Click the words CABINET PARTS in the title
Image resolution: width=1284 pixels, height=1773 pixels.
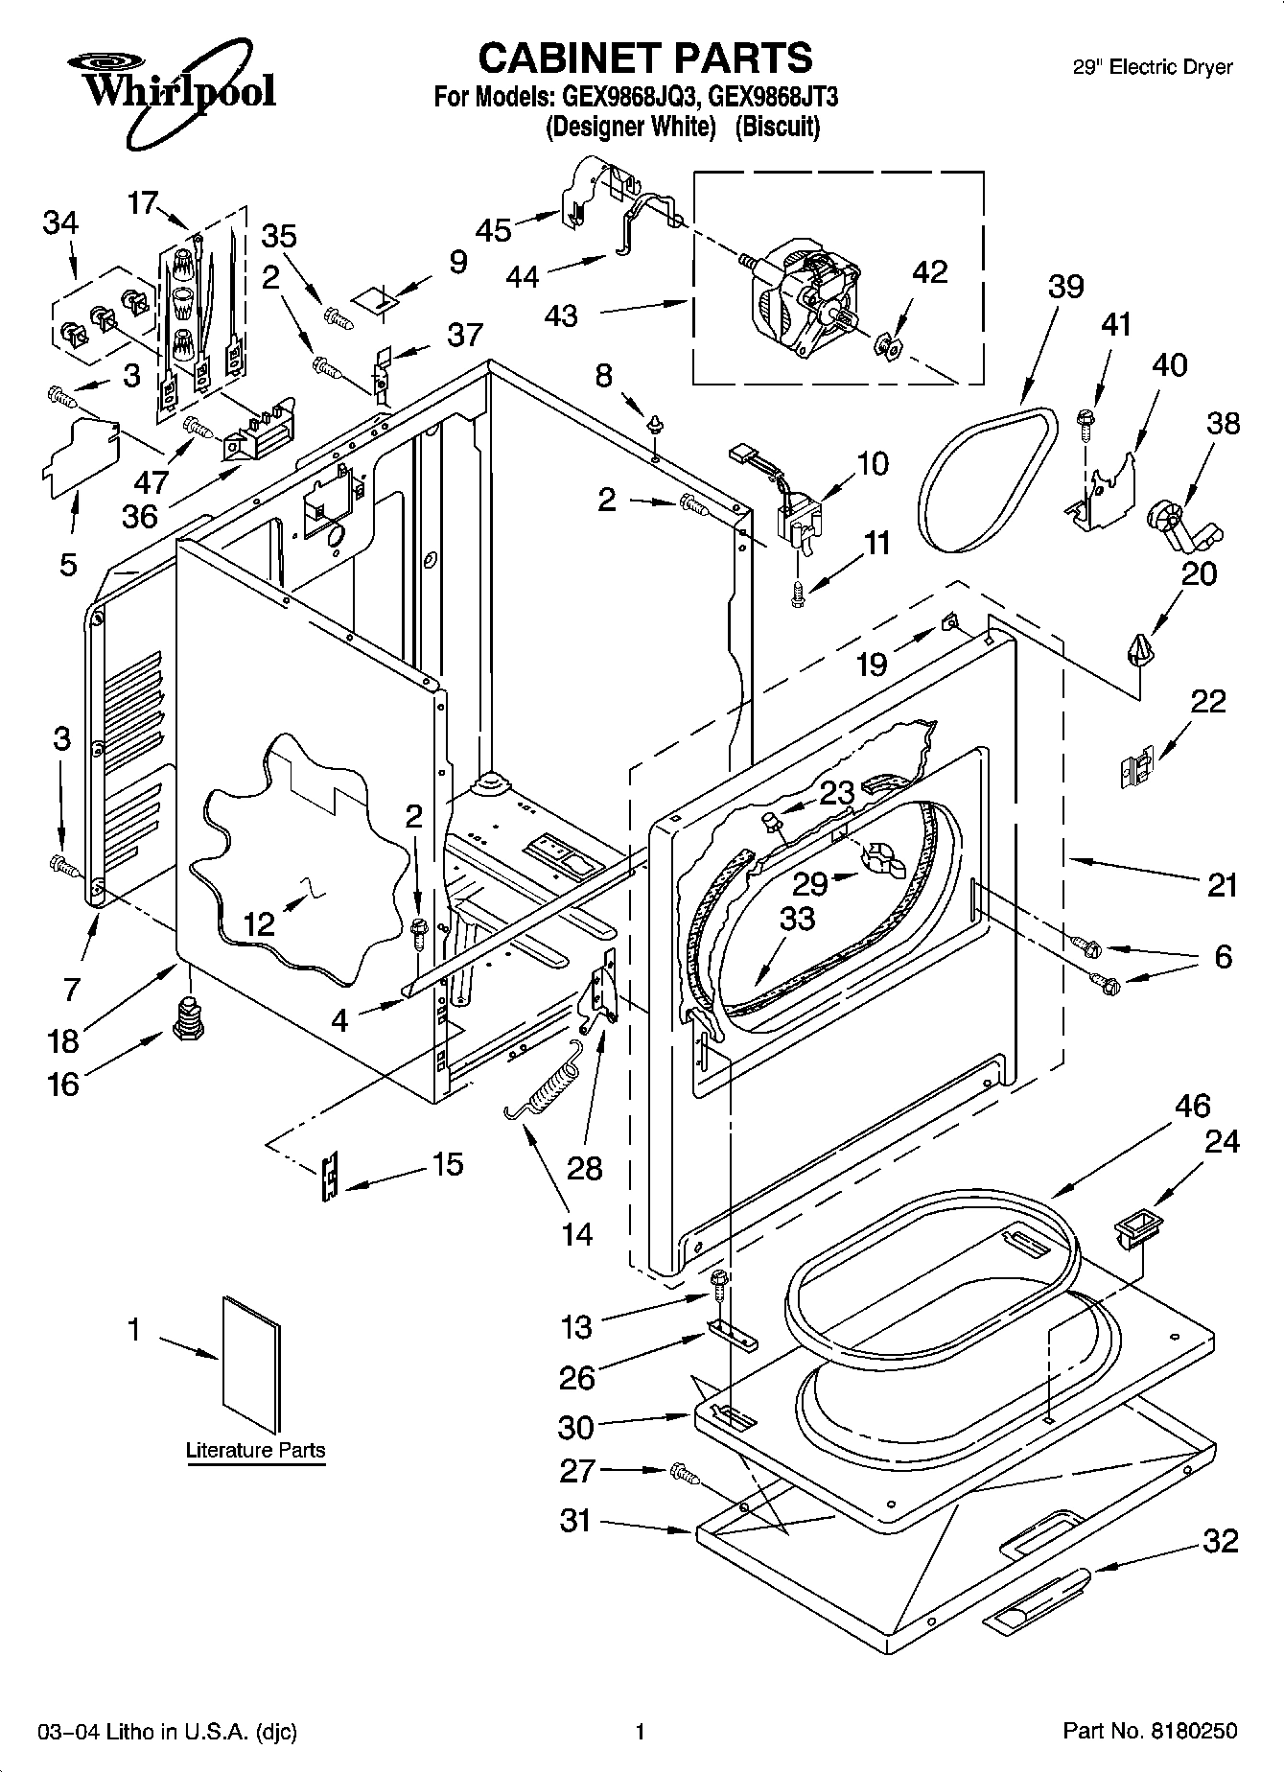click(x=644, y=58)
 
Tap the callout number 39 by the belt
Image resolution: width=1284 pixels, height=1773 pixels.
click(x=1065, y=287)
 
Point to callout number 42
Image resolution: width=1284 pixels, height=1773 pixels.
click(x=929, y=272)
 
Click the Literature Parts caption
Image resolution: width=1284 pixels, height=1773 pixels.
click(x=255, y=1450)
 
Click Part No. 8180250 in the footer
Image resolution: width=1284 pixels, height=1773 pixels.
click(x=1149, y=1731)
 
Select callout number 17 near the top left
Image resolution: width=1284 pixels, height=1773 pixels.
click(x=142, y=203)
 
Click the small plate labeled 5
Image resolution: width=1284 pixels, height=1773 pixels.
click(x=81, y=455)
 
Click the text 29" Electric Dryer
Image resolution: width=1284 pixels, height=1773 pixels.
click(x=1151, y=67)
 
